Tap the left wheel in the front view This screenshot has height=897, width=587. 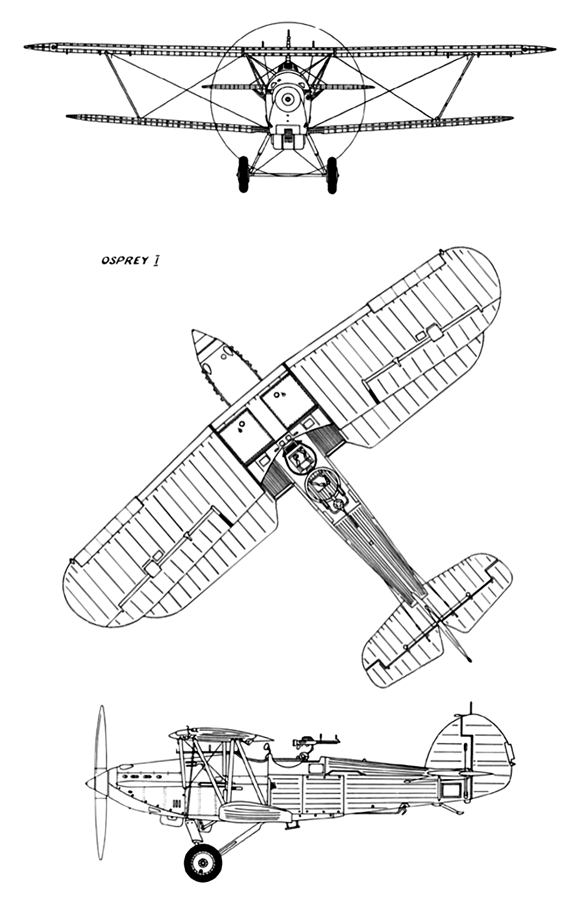(x=243, y=174)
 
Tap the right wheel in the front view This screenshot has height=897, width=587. (x=332, y=175)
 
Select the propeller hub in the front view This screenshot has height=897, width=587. (x=287, y=99)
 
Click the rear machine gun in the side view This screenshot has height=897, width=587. (x=316, y=740)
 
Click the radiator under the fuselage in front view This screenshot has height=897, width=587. (x=287, y=136)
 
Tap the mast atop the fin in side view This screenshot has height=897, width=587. (x=471, y=708)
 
